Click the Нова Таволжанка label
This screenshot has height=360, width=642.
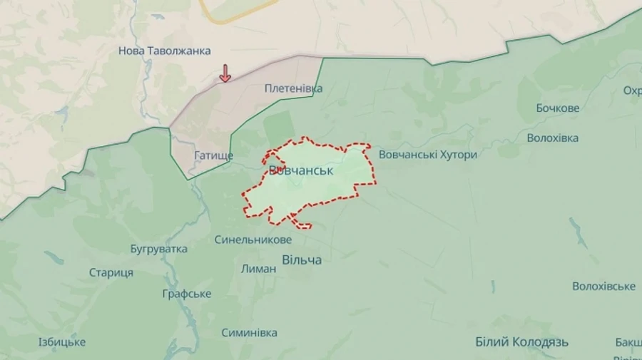(165, 51)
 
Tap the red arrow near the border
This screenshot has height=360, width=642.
(225, 73)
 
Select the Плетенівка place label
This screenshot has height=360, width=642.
(293, 88)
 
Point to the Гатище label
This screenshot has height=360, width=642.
(213, 155)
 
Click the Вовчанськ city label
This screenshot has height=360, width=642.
(305, 171)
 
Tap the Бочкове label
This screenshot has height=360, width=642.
(558, 108)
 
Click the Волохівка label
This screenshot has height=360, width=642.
(553, 138)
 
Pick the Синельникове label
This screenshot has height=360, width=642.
(253, 240)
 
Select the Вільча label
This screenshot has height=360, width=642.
(302, 260)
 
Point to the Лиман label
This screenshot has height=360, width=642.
(259, 269)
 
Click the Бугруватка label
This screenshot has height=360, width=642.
(159, 249)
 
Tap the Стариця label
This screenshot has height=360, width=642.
(111, 272)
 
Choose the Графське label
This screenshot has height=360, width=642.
(187, 294)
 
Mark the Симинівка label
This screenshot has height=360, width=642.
(249, 333)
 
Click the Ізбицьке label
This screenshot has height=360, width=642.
(62, 342)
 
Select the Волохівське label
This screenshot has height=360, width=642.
(603, 286)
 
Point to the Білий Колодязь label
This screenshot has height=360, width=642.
(522, 342)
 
